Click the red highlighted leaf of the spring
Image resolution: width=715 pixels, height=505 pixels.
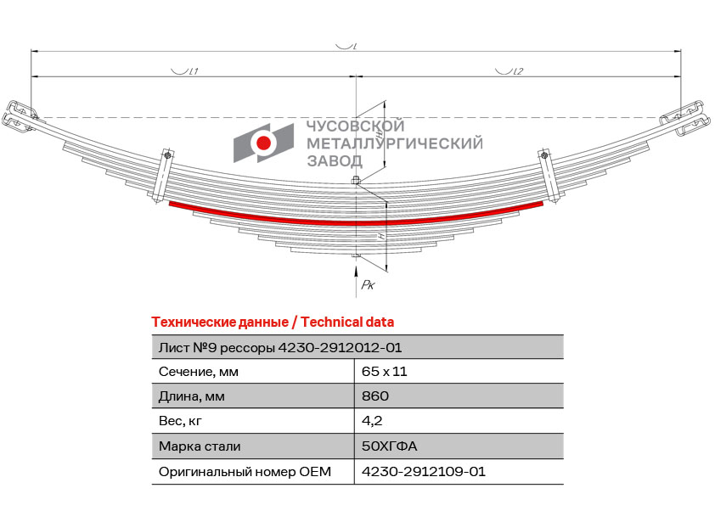356,223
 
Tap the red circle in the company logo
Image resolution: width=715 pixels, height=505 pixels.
263,143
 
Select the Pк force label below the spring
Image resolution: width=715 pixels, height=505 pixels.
368,285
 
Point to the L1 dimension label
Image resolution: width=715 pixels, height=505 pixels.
194,71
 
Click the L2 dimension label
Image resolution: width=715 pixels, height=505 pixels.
518,71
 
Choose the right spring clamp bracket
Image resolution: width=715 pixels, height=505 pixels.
549,176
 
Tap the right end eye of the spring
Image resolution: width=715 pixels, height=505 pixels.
686,120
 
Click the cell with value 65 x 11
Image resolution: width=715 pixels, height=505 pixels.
384,372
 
